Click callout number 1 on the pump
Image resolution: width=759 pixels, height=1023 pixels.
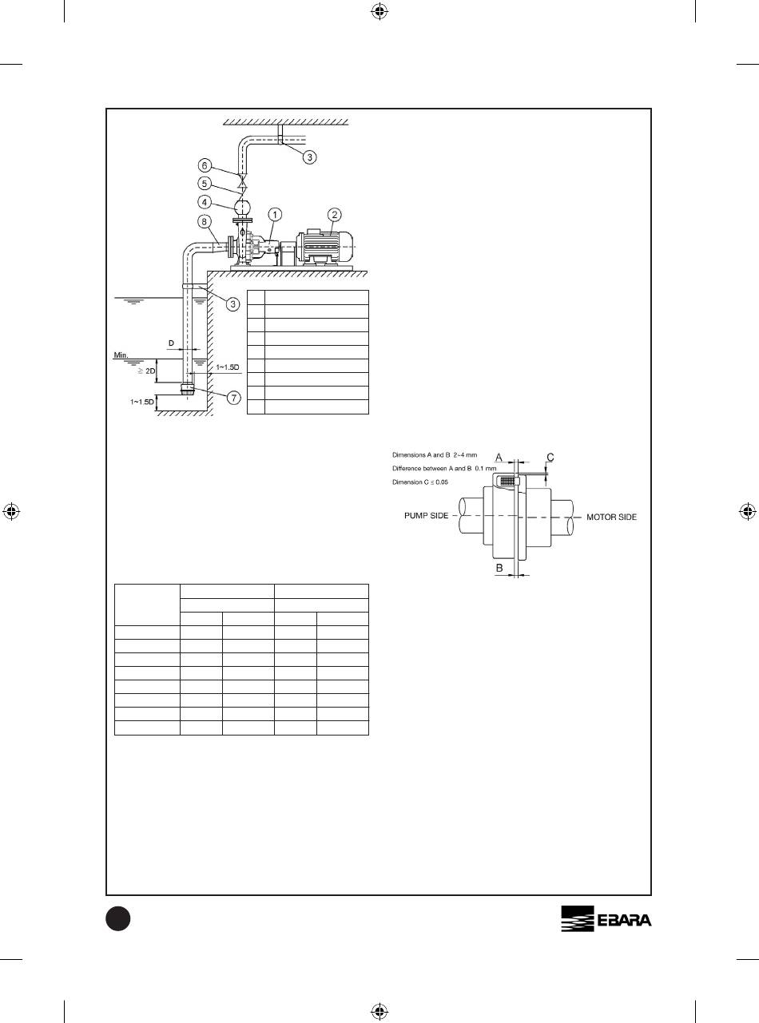click(275, 215)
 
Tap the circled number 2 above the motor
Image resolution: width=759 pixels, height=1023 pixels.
click(334, 215)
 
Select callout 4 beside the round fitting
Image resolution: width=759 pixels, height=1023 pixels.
click(205, 202)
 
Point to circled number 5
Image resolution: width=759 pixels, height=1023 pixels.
click(205, 184)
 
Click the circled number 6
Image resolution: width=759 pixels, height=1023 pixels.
click(205, 165)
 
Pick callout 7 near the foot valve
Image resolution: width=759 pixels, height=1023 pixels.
click(234, 397)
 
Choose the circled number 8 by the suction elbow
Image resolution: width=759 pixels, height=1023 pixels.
click(205, 222)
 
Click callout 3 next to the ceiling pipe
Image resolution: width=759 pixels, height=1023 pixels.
click(310, 157)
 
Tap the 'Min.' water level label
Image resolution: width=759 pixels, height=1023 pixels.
click(121, 355)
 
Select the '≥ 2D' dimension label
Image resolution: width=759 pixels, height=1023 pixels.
click(146, 371)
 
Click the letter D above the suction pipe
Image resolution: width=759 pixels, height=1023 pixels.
click(171, 343)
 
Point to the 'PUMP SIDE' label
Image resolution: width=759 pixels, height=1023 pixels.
click(427, 516)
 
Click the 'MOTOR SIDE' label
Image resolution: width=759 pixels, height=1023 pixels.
click(611, 517)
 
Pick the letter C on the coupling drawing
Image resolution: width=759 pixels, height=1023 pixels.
click(550, 458)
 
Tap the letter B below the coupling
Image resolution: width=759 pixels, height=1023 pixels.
click(499, 569)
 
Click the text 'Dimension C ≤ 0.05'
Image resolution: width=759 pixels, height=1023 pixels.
click(420, 482)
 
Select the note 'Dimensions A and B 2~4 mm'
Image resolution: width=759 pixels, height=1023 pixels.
click(435, 454)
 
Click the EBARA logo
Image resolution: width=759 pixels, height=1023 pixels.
click(606, 918)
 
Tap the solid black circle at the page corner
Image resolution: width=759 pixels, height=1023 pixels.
click(118, 918)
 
